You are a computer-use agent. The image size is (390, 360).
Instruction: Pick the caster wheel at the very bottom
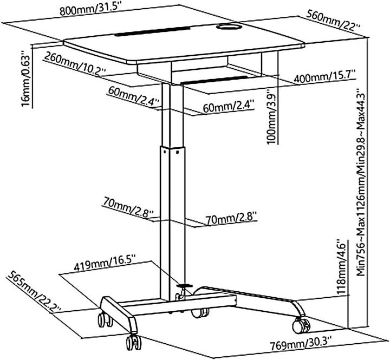tap(132, 342)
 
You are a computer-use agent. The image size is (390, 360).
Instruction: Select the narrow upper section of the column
tap(172, 114)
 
